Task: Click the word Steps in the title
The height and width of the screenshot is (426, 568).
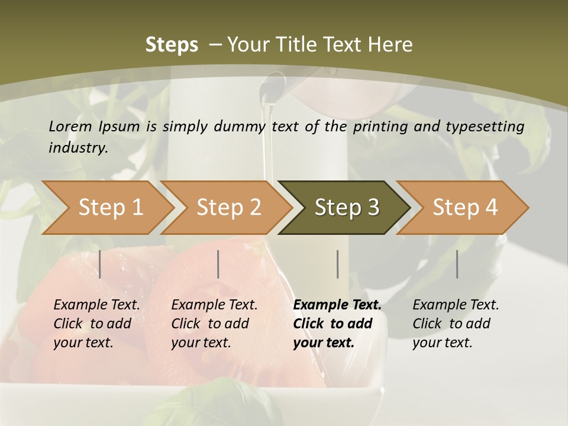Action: click(x=172, y=45)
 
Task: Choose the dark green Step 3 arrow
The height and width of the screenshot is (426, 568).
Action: click(x=347, y=208)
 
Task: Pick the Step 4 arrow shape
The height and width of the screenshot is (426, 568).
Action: click(x=465, y=208)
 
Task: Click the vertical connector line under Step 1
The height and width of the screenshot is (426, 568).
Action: click(x=100, y=264)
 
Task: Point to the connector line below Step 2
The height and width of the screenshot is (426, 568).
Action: click(x=218, y=264)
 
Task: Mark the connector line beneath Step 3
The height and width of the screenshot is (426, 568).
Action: click(x=337, y=264)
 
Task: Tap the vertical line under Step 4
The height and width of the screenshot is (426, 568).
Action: click(x=457, y=264)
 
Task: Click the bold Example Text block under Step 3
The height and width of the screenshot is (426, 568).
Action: click(x=337, y=324)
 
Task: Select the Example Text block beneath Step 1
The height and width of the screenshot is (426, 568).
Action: click(x=96, y=324)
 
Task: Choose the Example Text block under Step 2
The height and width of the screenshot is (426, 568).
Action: click(x=214, y=324)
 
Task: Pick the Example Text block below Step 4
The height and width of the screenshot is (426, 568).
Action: click(x=456, y=324)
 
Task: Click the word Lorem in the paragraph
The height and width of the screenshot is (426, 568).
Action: click(x=70, y=126)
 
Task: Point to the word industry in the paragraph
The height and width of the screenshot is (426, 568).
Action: click(x=78, y=148)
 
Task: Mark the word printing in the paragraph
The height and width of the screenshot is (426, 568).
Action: click(x=379, y=127)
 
